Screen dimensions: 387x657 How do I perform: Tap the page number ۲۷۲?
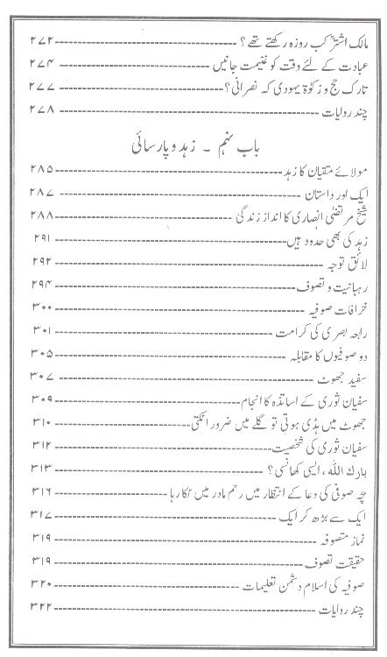pos(42,41)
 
